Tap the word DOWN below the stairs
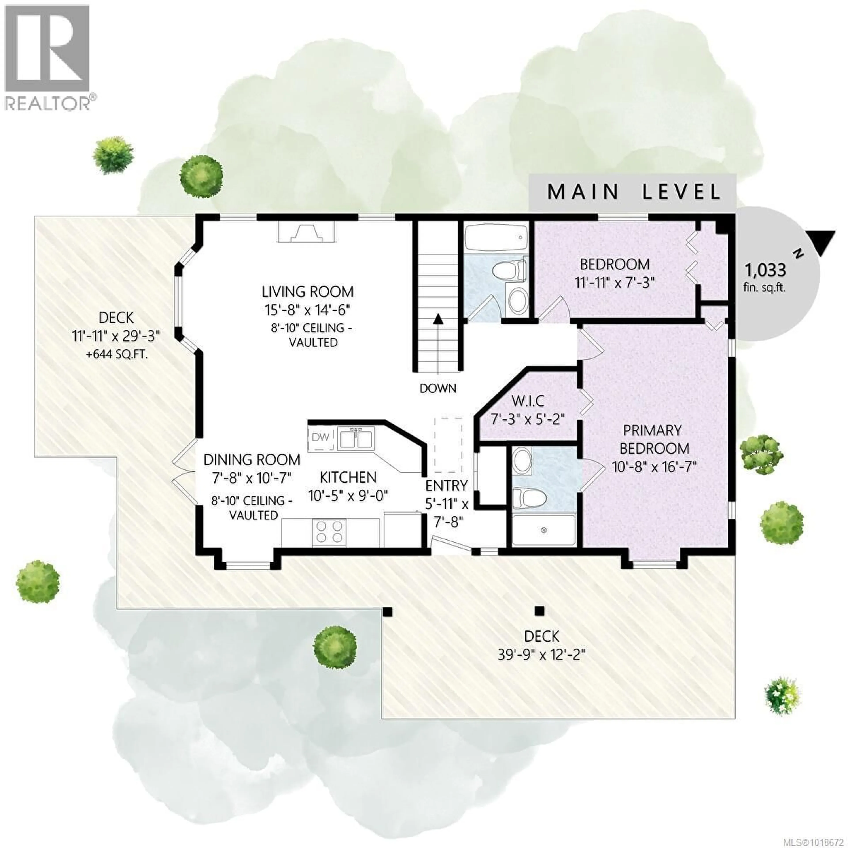(x=438, y=388)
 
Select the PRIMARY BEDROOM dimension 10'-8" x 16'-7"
(x=654, y=466)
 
